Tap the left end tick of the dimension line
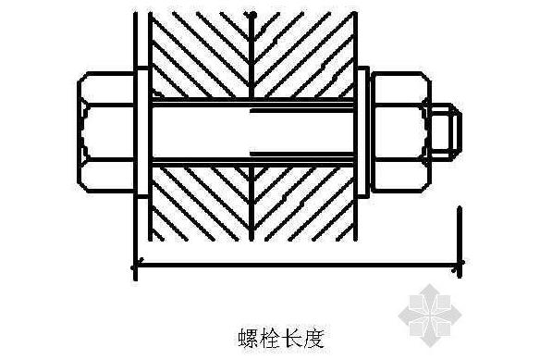coord(136,267)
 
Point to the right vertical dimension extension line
coord(459,236)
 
